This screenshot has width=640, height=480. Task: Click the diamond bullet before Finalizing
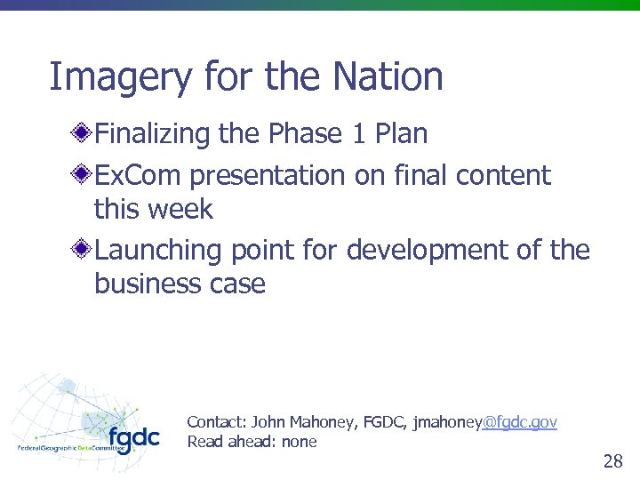(82, 134)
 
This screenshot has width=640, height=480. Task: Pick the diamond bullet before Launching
(82, 251)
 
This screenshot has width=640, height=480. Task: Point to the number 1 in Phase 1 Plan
(359, 134)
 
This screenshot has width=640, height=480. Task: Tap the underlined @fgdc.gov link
(519, 422)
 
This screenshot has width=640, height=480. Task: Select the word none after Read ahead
(299, 442)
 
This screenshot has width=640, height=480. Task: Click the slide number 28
(612, 460)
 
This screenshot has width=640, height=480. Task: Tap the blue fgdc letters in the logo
(133, 438)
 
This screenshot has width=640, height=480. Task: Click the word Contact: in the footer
(217, 422)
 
